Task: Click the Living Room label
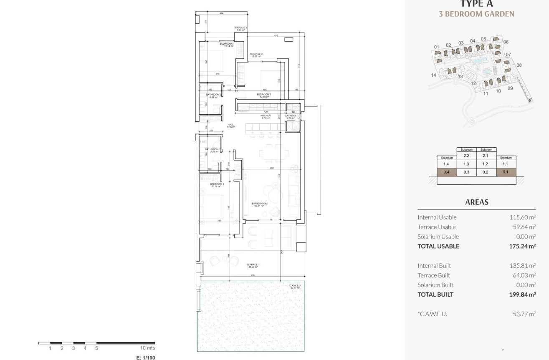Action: [260, 204]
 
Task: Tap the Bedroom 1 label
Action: [217, 184]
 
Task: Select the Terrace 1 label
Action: [253, 265]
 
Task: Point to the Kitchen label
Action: [266, 116]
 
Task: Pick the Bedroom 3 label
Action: [227, 44]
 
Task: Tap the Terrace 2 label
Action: [256, 54]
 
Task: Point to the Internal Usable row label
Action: [437, 217]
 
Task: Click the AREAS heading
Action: [477, 202]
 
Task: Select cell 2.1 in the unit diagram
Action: [486, 156]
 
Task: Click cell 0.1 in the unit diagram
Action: [506, 172]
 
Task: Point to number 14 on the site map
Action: [434, 75]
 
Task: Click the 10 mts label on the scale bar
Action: [147, 348]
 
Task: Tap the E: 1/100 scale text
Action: [146, 357]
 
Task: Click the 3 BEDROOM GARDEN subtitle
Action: [476, 14]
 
